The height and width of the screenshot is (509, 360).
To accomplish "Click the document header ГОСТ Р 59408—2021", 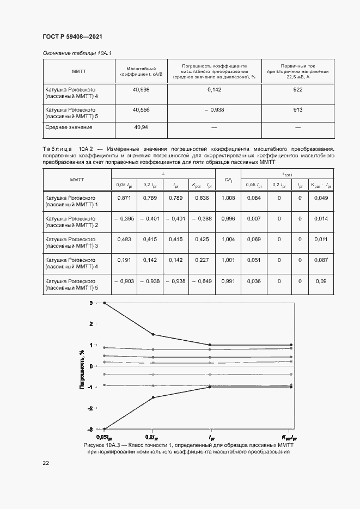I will click(72, 36).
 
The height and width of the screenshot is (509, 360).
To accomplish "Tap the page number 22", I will click(46, 463).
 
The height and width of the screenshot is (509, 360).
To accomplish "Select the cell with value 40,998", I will click(141, 89).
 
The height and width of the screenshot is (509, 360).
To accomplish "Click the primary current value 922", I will click(297, 89).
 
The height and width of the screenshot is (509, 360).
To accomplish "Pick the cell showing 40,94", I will click(141, 127).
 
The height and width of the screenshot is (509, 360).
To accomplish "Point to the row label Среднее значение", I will click(69, 127).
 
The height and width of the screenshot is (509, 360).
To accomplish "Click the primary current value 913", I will click(297, 109).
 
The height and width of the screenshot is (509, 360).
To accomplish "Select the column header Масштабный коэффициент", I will click(141, 71).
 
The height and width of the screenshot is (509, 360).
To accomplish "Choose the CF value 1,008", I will click(228, 198).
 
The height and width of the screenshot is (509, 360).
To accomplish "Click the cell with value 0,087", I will click(321, 260).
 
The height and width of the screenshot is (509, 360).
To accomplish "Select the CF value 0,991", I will click(228, 281).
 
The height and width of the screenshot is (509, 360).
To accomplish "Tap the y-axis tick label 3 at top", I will click(91, 303).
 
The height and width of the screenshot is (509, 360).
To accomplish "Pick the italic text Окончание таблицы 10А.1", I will click(77, 53).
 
